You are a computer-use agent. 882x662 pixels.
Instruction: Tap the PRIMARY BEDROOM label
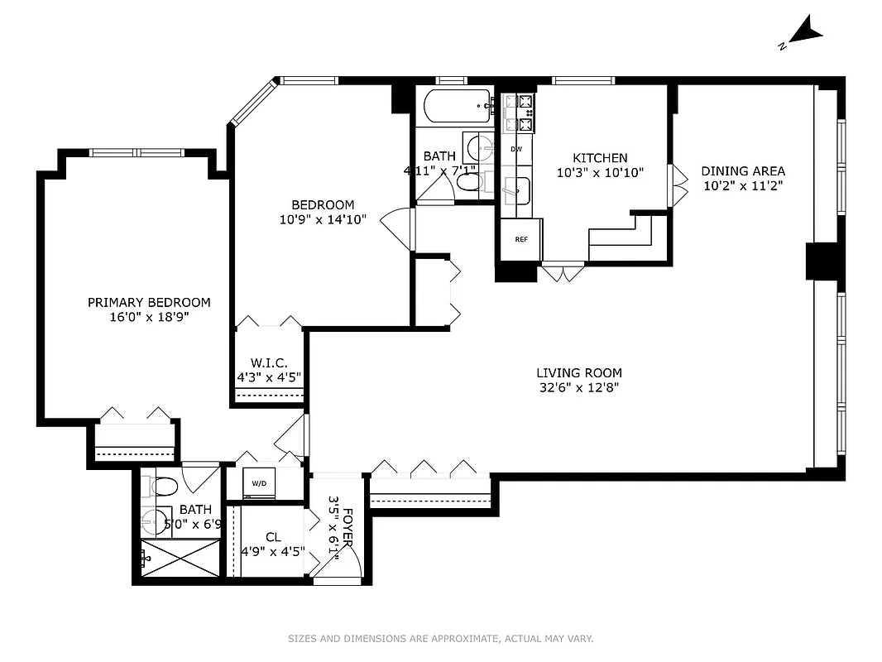(149, 303)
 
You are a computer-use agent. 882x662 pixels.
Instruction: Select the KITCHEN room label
(600, 158)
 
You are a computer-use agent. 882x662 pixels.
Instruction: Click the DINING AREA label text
(743, 171)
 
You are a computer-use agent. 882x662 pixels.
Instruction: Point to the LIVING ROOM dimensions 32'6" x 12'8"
(578, 387)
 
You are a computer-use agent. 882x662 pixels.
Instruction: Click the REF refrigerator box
(521, 240)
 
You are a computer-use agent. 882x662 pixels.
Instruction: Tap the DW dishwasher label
(516, 149)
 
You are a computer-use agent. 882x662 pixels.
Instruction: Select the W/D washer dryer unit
(259, 483)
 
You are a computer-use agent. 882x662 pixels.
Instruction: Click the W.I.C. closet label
(268, 362)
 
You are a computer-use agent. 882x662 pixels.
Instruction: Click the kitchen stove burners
(519, 113)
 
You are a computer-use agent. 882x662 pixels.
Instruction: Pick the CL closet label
(273, 538)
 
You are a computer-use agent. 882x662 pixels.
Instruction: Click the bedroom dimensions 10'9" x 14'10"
(323, 219)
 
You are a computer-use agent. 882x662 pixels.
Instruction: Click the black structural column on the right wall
(822, 261)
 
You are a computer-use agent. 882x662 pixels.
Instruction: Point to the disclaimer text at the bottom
(440, 638)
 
